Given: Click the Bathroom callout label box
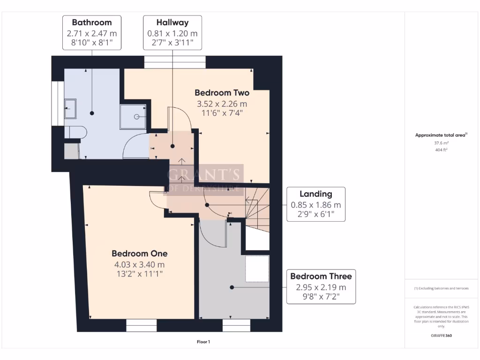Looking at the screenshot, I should [91, 33].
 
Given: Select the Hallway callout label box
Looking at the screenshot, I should [172, 33].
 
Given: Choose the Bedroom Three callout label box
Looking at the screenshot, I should [321, 286].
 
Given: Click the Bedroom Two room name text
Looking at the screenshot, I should [222, 93].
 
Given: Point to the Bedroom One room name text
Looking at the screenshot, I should [139, 254].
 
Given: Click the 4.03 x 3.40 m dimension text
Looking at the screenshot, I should [139, 264].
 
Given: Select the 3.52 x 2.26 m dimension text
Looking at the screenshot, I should [222, 104].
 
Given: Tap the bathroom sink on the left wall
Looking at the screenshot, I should [70, 108].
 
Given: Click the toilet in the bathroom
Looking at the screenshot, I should [74, 132].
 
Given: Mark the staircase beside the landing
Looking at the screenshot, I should [257, 206].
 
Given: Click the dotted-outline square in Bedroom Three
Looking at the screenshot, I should [257, 269].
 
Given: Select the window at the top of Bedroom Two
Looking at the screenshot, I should [175, 61].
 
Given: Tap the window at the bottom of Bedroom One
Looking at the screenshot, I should [141, 325].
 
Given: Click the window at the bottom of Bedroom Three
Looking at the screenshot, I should [236, 325].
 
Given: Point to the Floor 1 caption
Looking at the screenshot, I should [203, 342].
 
